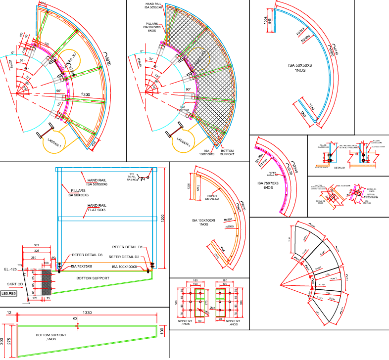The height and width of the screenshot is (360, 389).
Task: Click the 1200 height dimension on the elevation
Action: pos(162,218)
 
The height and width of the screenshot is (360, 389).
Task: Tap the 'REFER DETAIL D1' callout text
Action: pos(125,247)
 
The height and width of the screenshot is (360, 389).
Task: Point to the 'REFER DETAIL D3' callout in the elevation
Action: pos(87,255)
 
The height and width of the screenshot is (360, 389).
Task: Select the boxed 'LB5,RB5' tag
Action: pos(9,294)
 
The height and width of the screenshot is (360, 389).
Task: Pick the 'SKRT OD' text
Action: pos(14,284)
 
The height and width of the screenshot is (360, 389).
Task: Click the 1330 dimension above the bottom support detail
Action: pos(86,313)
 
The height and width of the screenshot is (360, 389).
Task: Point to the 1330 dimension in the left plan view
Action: pos(86,94)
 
